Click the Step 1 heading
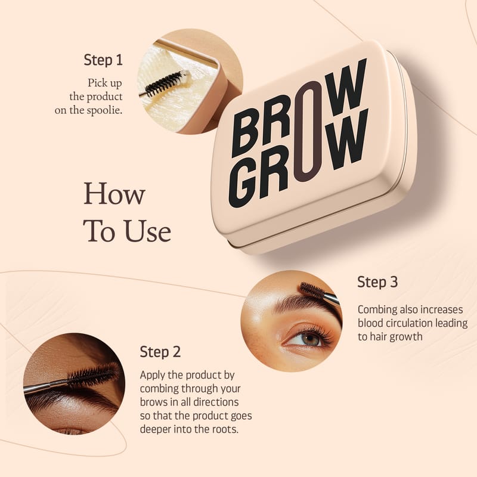click(103, 60)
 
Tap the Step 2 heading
click(160, 352)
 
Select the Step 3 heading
click(377, 281)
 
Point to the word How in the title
click(114, 193)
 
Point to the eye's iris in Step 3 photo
click(311, 339)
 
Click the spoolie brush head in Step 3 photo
click(311, 289)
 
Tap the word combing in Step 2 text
click(159, 389)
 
